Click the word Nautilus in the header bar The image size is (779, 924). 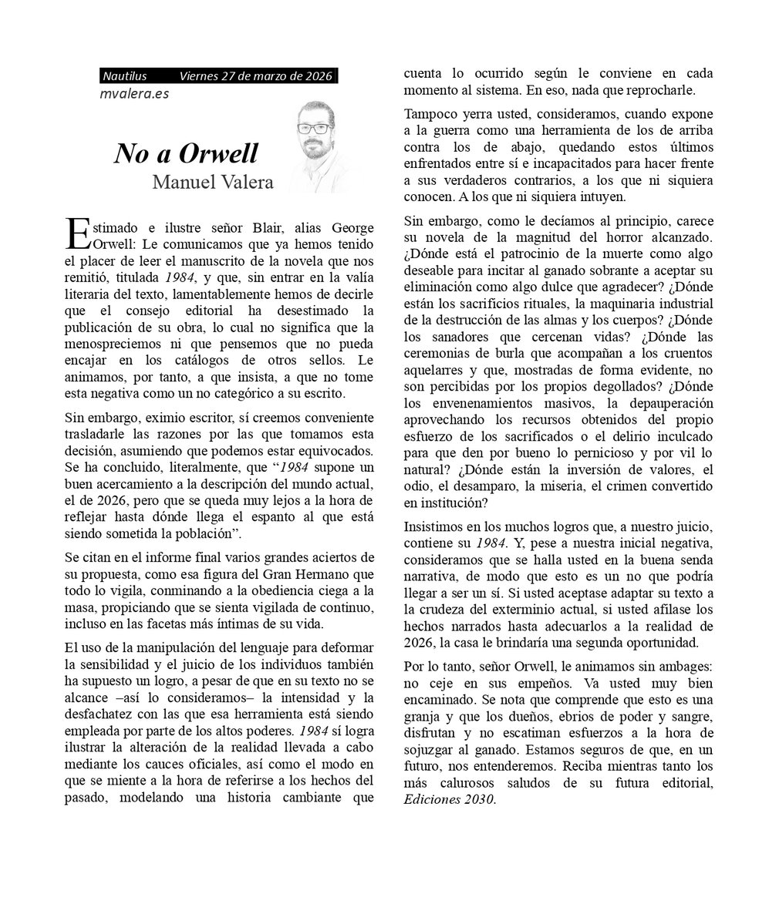(x=125, y=76)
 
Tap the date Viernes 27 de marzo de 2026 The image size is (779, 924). (x=255, y=76)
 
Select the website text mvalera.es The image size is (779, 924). (x=135, y=94)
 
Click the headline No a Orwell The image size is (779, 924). (x=186, y=153)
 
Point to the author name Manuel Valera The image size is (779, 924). (x=213, y=183)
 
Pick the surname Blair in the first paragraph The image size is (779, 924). (x=269, y=228)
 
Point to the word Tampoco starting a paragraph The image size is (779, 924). (x=430, y=113)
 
